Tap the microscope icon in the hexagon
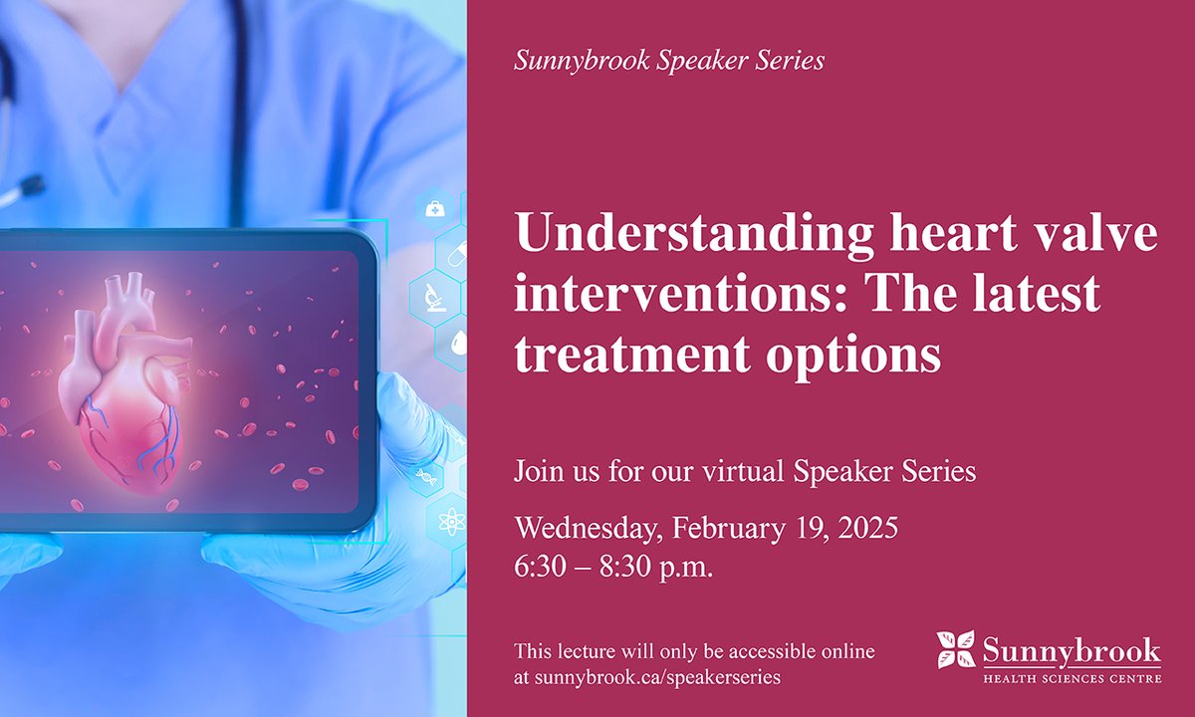[x=435, y=296]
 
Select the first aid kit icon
[x=435, y=209]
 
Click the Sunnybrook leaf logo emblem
[x=956, y=649]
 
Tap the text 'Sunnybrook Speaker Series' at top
[x=669, y=61]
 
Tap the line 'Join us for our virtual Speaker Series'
[x=745, y=471]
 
